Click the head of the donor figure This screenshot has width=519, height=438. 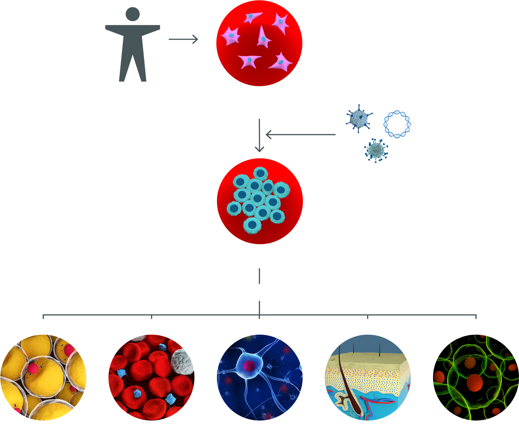coord(132,14)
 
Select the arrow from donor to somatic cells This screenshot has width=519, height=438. coord(183,39)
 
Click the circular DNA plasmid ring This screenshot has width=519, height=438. coord(397,124)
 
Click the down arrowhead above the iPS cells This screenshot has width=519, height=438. coord(259,149)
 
